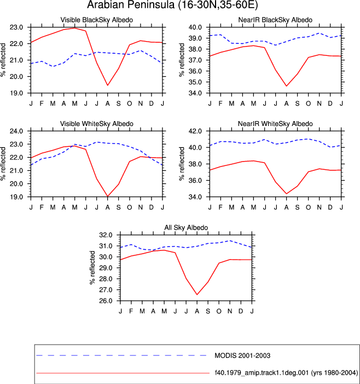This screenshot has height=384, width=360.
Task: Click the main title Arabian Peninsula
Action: [131, 4]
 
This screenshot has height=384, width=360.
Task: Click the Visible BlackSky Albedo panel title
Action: [97, 20]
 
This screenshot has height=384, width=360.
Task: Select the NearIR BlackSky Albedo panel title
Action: [275, 20]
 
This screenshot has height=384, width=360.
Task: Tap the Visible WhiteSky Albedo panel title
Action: [97, 124]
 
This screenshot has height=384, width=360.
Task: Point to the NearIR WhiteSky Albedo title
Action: [275, 124]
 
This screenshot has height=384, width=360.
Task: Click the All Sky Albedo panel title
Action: [186, 227]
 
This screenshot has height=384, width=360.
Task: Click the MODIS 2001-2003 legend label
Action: [242, 356]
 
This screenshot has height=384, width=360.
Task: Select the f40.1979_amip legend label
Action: [286, 372]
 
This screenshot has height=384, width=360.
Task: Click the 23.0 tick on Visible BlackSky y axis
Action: [16, 27]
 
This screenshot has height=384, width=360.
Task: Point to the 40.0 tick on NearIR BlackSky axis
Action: [195, 27]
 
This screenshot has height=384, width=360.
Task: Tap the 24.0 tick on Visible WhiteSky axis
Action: [16, 131]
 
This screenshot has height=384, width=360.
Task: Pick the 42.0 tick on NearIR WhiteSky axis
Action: [195, 131]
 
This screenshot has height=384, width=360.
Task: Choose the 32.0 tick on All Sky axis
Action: [106, 235]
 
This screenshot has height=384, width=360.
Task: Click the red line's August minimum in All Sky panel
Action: [197, 295]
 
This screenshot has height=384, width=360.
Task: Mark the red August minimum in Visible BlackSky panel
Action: [107, 85]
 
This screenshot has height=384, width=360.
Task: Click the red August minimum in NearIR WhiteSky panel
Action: [286, 194]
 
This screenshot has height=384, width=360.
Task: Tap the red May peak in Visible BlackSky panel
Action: [74, 28]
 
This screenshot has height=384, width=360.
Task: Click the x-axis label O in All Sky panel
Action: [219, 311]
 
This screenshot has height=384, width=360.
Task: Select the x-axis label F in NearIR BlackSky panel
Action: [220, 104]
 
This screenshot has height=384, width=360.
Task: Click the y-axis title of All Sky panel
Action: [92, 268]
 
